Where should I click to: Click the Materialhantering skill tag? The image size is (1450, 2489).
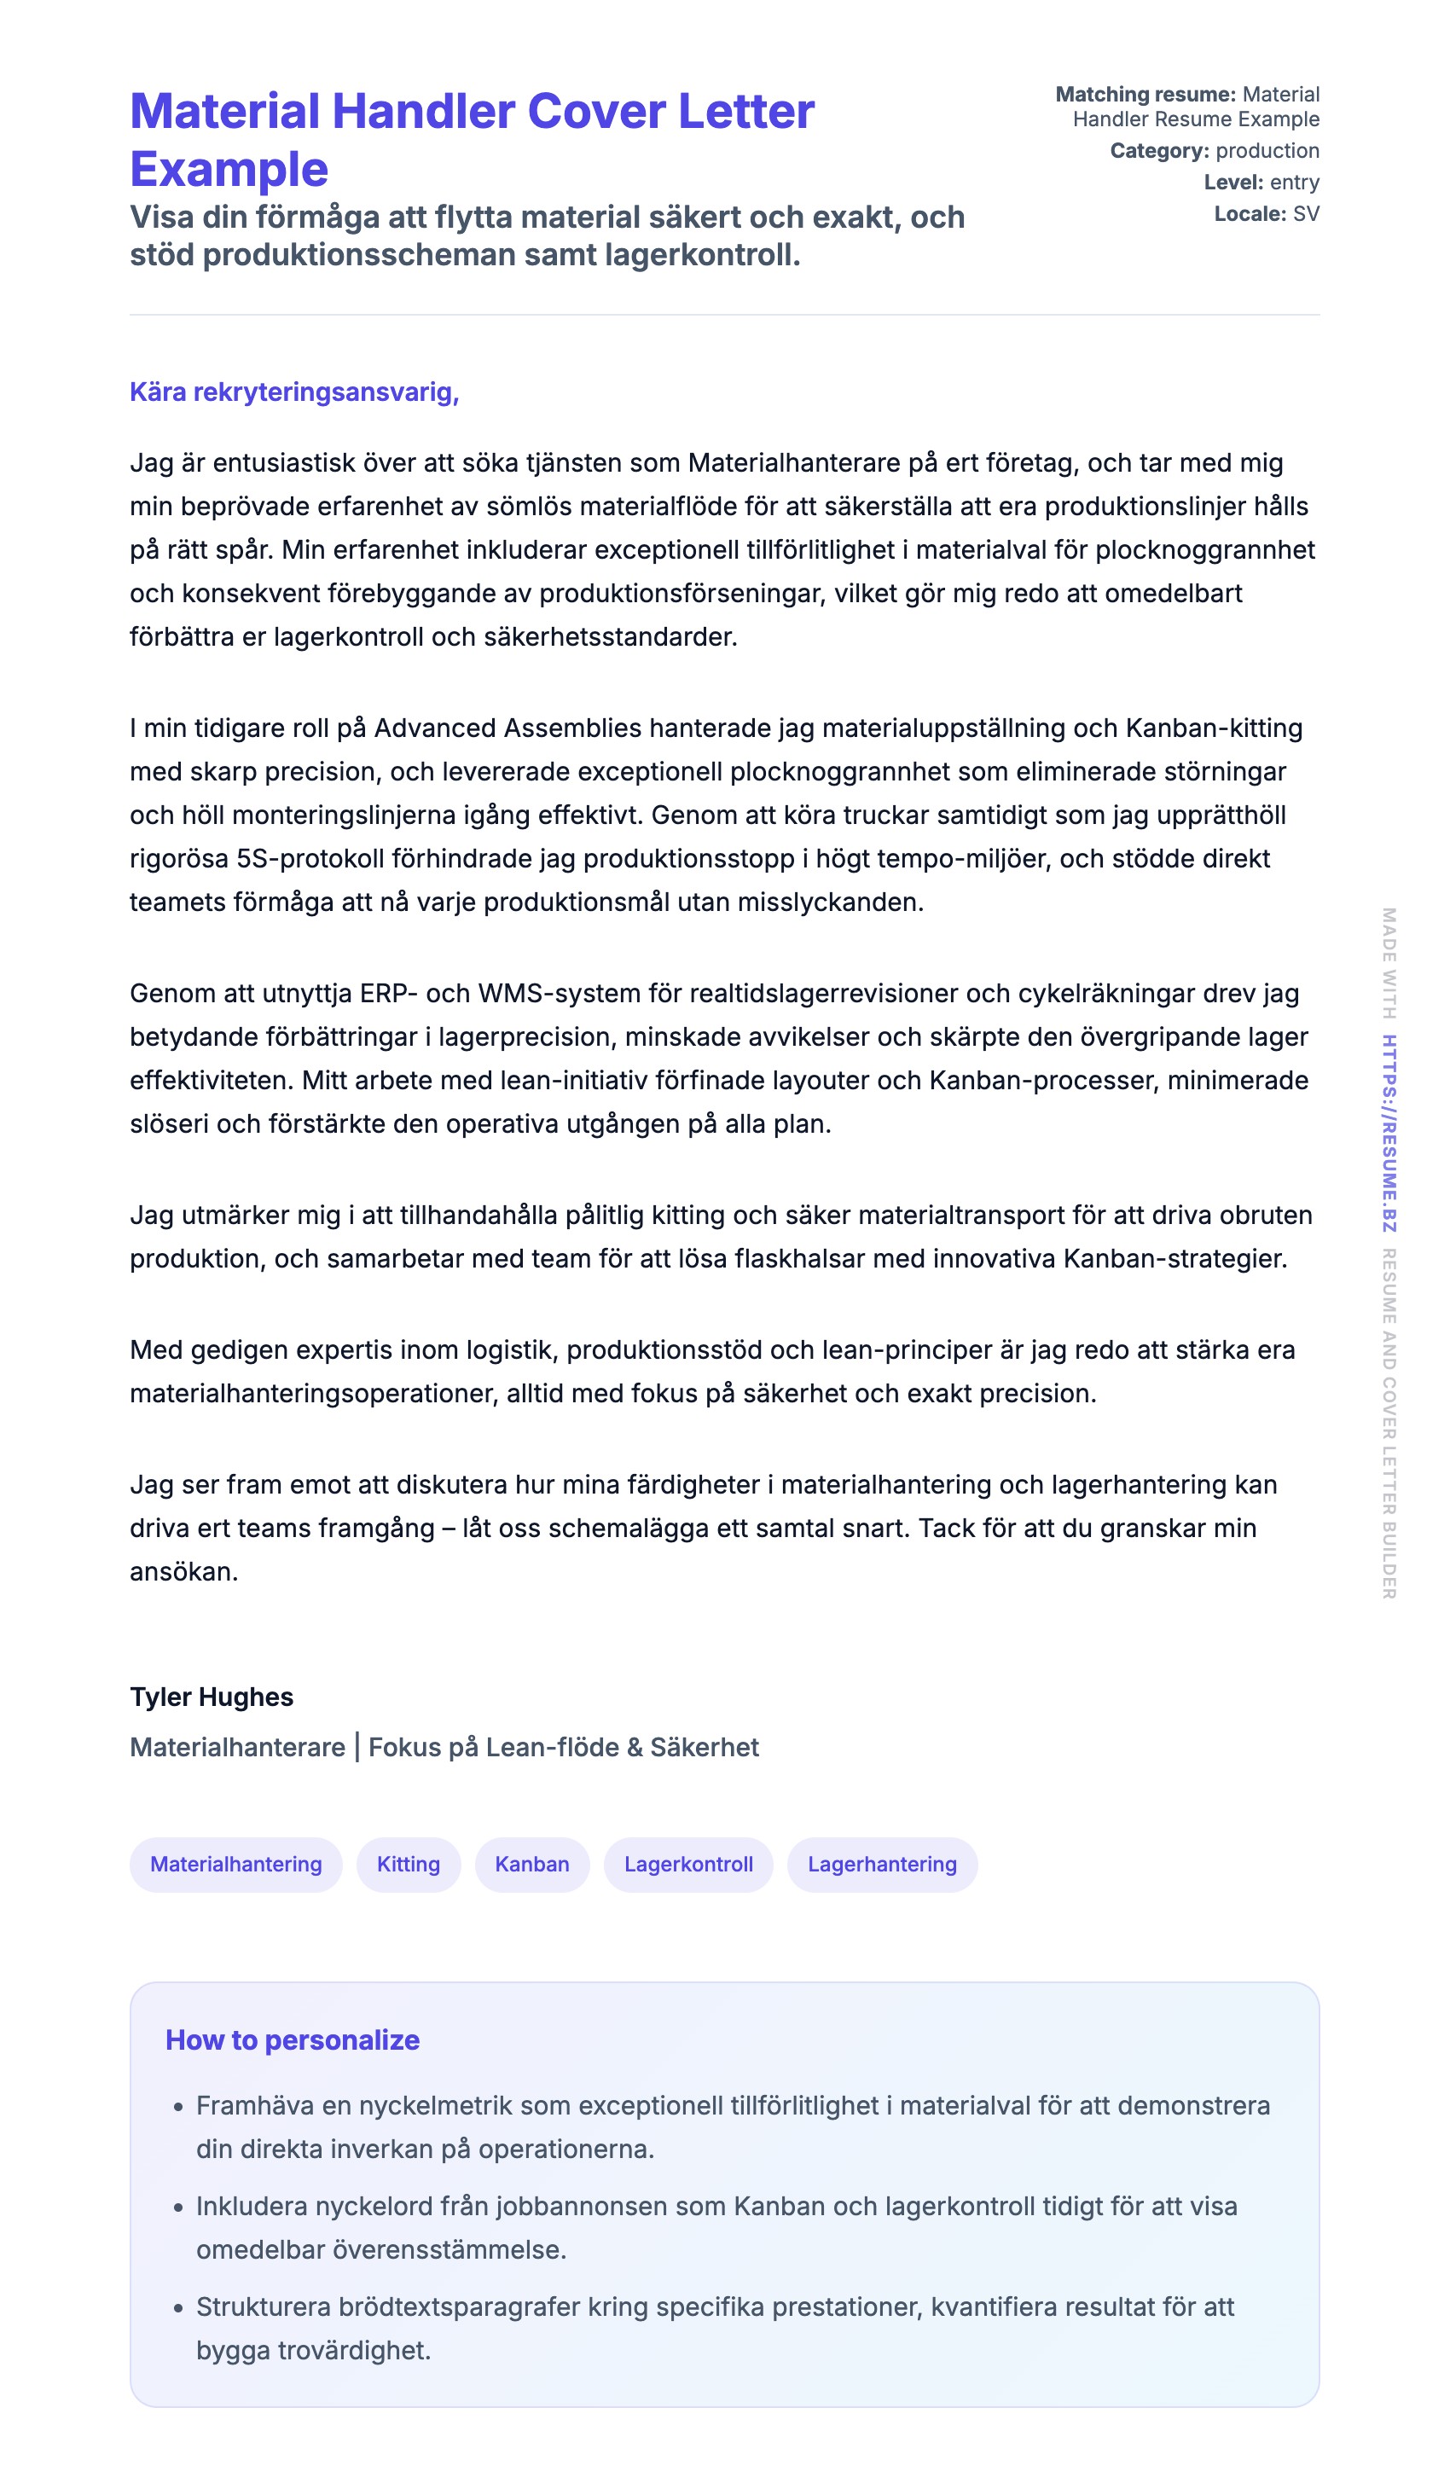click(x=236, y=1864)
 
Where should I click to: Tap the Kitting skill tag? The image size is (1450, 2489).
click(x=408, y=1864)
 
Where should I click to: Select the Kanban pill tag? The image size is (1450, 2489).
click(x=531, y=1864)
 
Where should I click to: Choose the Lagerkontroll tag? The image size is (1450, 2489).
click(x=687, y=1864)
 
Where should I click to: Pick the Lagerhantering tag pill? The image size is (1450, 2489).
click(x=881, y=1864)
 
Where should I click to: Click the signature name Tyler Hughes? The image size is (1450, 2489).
click(x=212, y=1697)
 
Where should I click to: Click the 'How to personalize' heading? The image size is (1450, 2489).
click(x=293, y=2039)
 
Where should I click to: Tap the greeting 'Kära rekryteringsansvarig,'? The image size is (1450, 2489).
click(x=294, y=392)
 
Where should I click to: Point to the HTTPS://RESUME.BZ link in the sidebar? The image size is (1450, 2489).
click(x=1388, y=1133)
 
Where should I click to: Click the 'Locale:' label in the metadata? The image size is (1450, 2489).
click(x=1250, y=214)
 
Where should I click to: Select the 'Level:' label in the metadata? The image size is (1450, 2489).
click(x=1232, y=183)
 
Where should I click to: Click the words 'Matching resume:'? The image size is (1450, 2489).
click(x=1145, y=95)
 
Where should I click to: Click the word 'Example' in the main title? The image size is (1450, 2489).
click(x=229, y=170)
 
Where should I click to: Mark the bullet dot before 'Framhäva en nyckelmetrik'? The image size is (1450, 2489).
click(x=179, y=2107)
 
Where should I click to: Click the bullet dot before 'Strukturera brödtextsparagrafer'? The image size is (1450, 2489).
click(x=179, y=2308)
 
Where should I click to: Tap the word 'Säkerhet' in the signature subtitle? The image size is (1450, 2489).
click(x=705, y=1747)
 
